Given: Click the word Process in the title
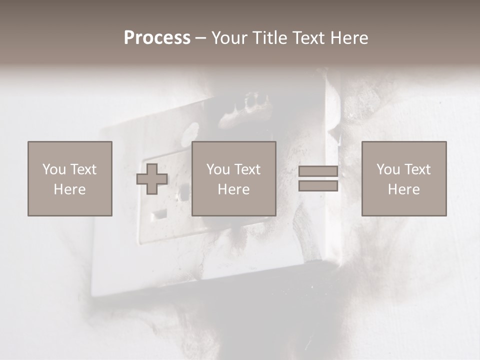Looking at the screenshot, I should coord(157,38).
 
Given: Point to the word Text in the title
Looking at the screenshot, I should coord(309,38).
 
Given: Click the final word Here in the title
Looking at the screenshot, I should coord(349,38).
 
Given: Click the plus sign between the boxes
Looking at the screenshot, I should coord(152,178).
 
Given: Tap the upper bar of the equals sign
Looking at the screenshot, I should coord(318,171).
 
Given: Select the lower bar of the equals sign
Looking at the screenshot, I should coord(318,186).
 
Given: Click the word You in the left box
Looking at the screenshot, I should coord(53,169).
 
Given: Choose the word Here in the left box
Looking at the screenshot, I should coord(69,189).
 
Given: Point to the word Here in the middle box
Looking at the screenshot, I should coord(233,189).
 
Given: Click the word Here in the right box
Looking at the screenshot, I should coord(403,189).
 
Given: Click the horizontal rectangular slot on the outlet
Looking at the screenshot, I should coord(160,214).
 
